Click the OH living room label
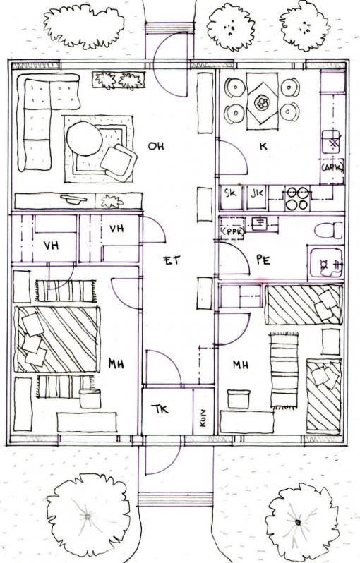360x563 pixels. [156, 146]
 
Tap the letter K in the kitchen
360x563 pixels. [263, 146]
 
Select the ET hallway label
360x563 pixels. [172, 260]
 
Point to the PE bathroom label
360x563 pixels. [263, 260]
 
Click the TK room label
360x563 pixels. [160, 409]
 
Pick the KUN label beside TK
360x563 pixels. [203, 418]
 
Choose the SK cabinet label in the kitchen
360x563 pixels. [230, 193]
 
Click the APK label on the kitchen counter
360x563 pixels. [332, 167]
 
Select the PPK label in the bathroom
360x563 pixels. [233, 232]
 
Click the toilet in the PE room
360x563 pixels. [329, 230]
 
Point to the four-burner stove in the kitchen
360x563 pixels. [297, 198]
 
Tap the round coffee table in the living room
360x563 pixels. [85, 138]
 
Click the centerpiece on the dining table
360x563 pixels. [262, 103]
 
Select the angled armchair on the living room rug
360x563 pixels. [118, 162]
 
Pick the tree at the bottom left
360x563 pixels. [88, 516]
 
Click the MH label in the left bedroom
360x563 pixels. [116, 364]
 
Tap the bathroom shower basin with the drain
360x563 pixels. [325, 262]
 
